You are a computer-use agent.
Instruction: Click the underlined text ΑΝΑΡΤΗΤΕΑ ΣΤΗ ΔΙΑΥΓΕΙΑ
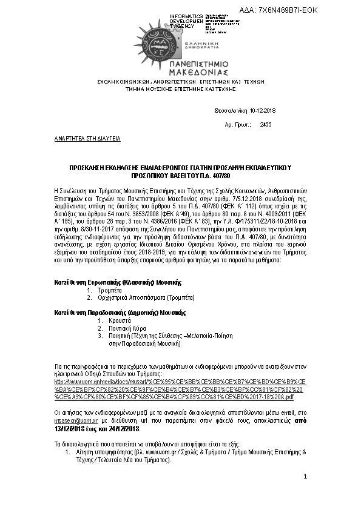pyautogui.click(x=87, y=138)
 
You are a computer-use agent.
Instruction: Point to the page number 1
pyautogui.click(x=306, y=477)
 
